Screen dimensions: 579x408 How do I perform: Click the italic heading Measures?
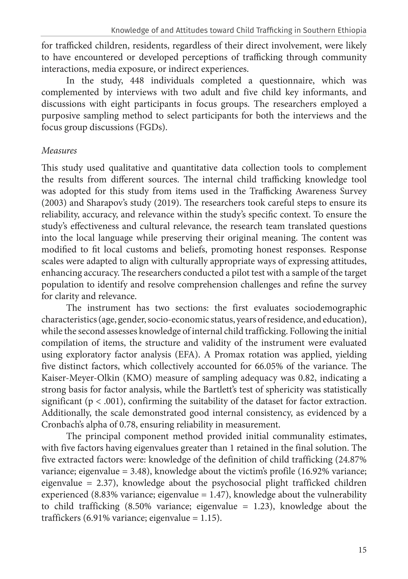[x=59, y=151]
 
